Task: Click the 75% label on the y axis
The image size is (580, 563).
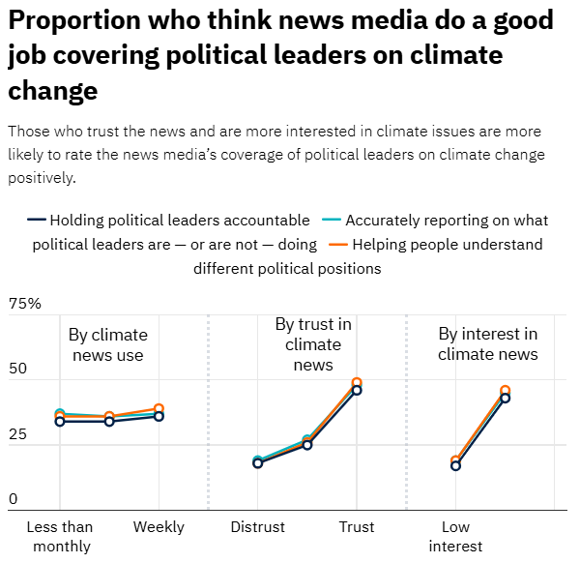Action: [25, 305]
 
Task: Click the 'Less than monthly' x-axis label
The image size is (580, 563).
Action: [59, 537]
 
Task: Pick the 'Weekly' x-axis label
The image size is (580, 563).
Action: [159, 527]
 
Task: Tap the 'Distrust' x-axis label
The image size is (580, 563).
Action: [258, 527]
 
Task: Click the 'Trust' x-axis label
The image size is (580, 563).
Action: [356, 527]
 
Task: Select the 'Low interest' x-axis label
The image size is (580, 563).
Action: [455, 537]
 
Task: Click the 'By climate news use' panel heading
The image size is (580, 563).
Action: [107, 344]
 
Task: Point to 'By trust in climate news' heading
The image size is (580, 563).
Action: [313, 344]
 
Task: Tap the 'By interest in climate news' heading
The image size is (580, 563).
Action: [488, 344]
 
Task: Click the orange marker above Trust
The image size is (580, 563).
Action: [357, 383]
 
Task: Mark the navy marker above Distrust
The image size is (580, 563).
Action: [258, 463]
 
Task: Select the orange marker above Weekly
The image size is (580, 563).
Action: [159, 409]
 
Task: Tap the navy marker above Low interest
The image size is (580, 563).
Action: [455, 465]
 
